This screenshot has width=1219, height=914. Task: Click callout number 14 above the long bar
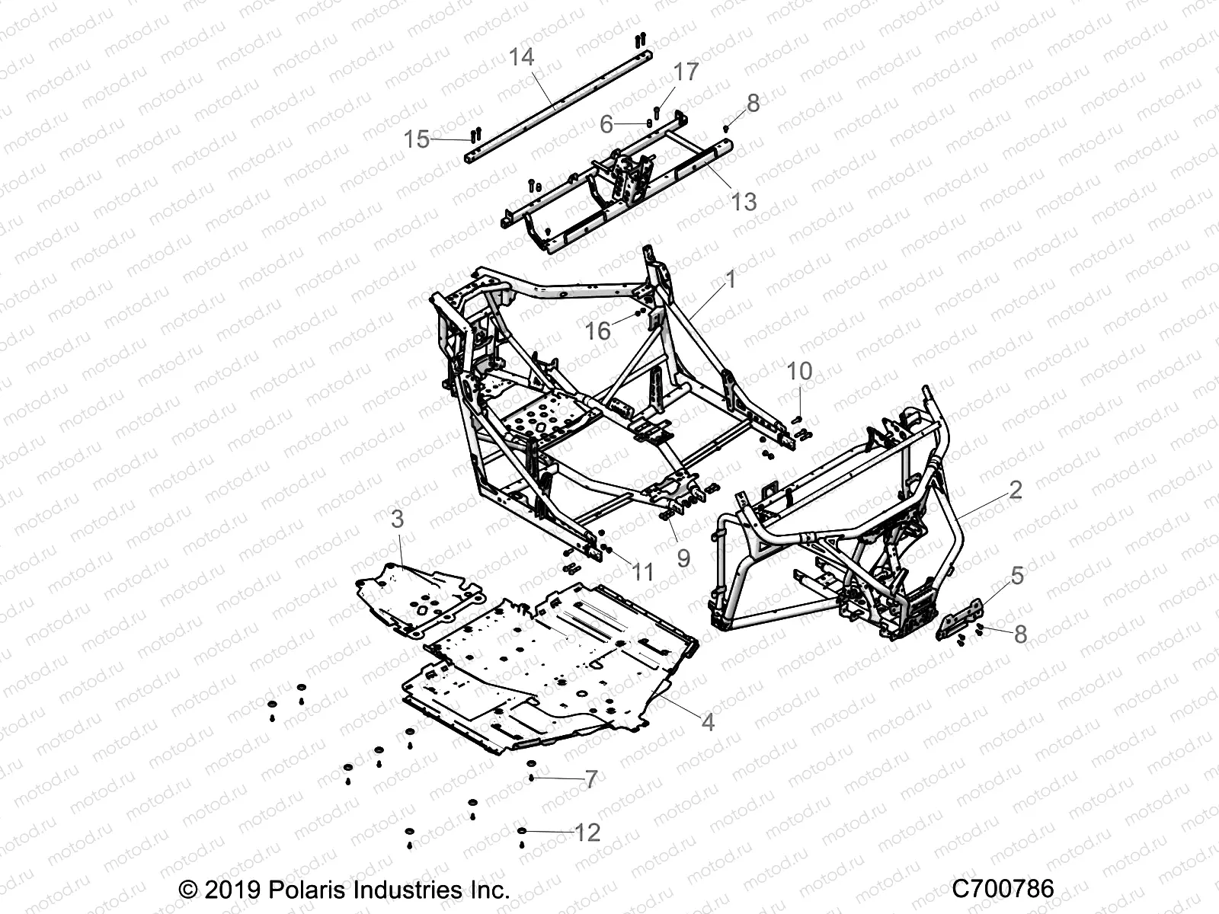[522, 57]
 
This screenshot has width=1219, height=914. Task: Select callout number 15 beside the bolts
[416, 139]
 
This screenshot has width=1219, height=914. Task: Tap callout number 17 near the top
[686, 72]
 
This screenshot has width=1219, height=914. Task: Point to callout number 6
[606, 124]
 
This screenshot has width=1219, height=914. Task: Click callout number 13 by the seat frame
[744, 201]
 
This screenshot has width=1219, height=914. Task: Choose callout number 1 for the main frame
[731, 280]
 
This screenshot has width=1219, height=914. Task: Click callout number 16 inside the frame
[598, 331]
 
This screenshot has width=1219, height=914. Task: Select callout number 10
[799, 372]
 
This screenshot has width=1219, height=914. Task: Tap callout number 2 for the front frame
[1015, 490]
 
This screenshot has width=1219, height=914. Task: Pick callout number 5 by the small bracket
[1019, 576]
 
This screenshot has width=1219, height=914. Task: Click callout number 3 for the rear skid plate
[398, 519]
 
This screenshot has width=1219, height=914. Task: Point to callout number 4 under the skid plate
[708, 722]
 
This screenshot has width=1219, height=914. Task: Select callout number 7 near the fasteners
[590, 779]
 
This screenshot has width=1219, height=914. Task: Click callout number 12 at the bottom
[587, 833]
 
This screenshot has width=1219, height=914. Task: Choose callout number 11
[644, 571]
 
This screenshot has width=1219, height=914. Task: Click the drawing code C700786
[1003, 889]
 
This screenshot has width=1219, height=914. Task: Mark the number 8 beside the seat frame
[753, 103]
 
